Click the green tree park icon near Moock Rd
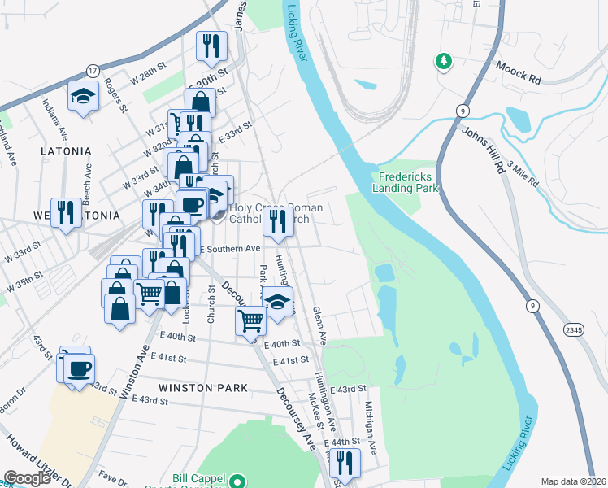coord(444,61)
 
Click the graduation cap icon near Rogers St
coord(83,97)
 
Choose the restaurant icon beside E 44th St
coord(345,463)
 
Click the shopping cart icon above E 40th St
coord(251,320)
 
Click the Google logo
coord(27,478)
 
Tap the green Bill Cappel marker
coord(237,481)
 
